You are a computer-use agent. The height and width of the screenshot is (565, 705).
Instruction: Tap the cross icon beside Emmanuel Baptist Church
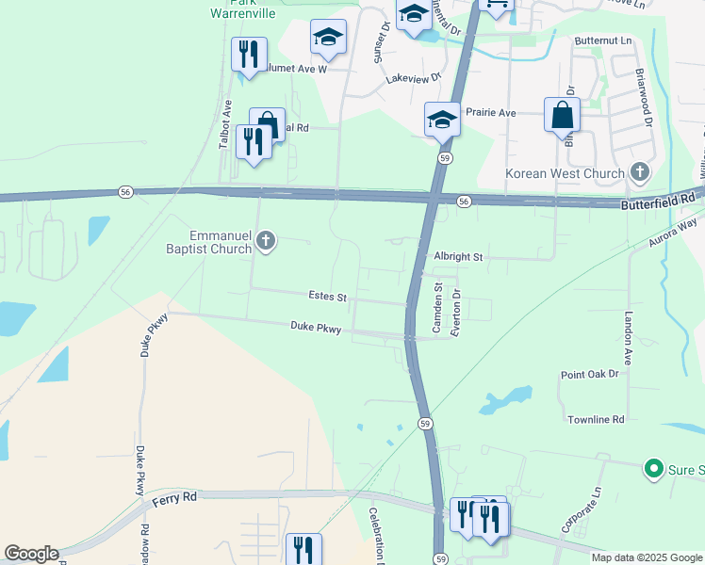[266, 241]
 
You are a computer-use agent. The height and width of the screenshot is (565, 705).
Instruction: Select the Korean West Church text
[565, 173]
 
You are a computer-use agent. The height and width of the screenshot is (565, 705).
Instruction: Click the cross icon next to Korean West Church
[640, 171]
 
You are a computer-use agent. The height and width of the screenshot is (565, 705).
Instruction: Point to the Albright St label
[458, 256]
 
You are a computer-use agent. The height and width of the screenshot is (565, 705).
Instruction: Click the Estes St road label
[328, 296]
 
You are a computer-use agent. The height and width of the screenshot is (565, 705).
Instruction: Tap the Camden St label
[437, 307]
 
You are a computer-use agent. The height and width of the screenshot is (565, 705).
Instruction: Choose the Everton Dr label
[456, 310]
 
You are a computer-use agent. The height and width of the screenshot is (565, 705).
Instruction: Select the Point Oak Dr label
[589, 374]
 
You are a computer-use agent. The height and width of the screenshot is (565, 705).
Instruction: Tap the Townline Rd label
[596, 418]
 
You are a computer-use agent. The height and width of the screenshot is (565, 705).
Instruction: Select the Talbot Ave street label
[227, 121]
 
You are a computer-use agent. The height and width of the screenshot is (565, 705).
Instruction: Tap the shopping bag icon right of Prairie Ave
[562, 116]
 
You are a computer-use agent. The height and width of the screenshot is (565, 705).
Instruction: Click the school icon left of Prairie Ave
[442, 120]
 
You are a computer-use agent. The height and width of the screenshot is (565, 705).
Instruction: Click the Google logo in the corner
[31, 554]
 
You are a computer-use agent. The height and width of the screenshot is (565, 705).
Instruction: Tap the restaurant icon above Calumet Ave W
[249, 55]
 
